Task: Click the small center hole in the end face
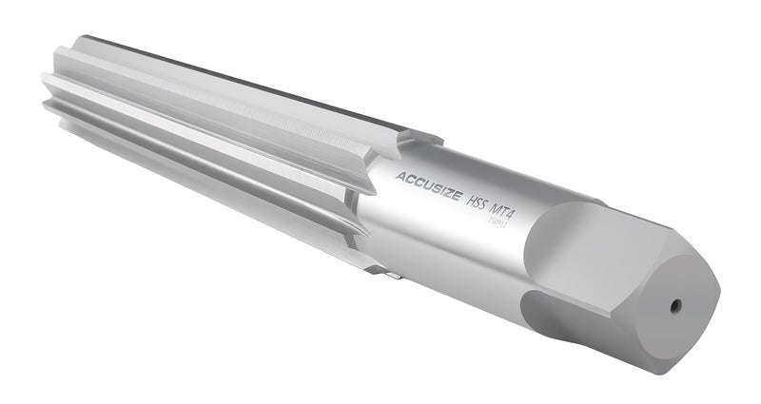674,305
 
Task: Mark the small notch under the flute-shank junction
392,275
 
